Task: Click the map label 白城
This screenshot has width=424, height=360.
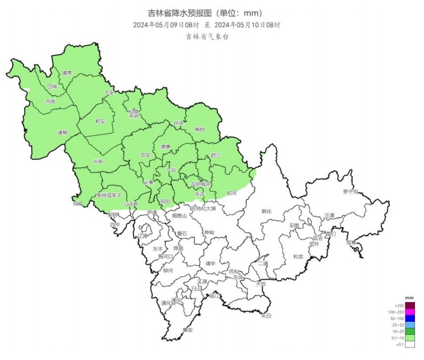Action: (x=52, y=86)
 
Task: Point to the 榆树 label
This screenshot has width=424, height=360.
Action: (x=199, y=129)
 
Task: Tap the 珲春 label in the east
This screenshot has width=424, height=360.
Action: (x=351, y=243)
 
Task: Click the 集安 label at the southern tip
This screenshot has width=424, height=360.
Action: (x=188, y=330)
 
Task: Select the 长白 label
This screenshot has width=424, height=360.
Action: (x=266, y=315)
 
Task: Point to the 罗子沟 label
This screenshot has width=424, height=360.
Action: (x=350, y=192)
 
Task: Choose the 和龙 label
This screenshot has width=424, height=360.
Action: (x=298, y=257)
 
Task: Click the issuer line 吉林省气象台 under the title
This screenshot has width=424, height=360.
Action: (x=206, y=36)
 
